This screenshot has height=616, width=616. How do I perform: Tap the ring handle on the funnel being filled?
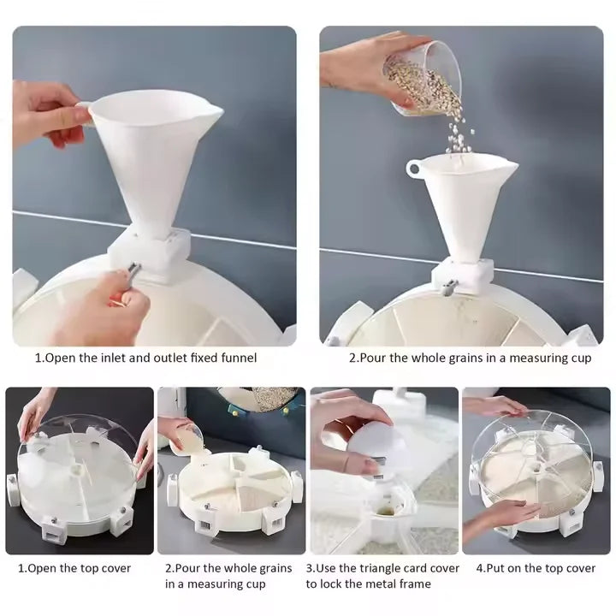(414, 168)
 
